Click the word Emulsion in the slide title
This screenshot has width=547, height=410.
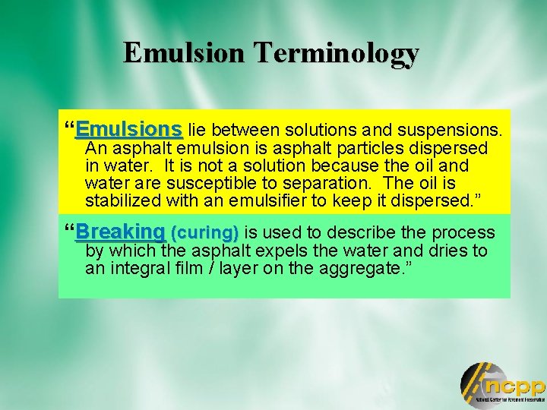185,53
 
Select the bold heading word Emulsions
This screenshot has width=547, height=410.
128,127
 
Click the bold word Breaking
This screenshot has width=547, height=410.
120,231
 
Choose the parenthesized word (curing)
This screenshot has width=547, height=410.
205,232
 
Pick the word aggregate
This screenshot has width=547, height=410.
367,269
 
